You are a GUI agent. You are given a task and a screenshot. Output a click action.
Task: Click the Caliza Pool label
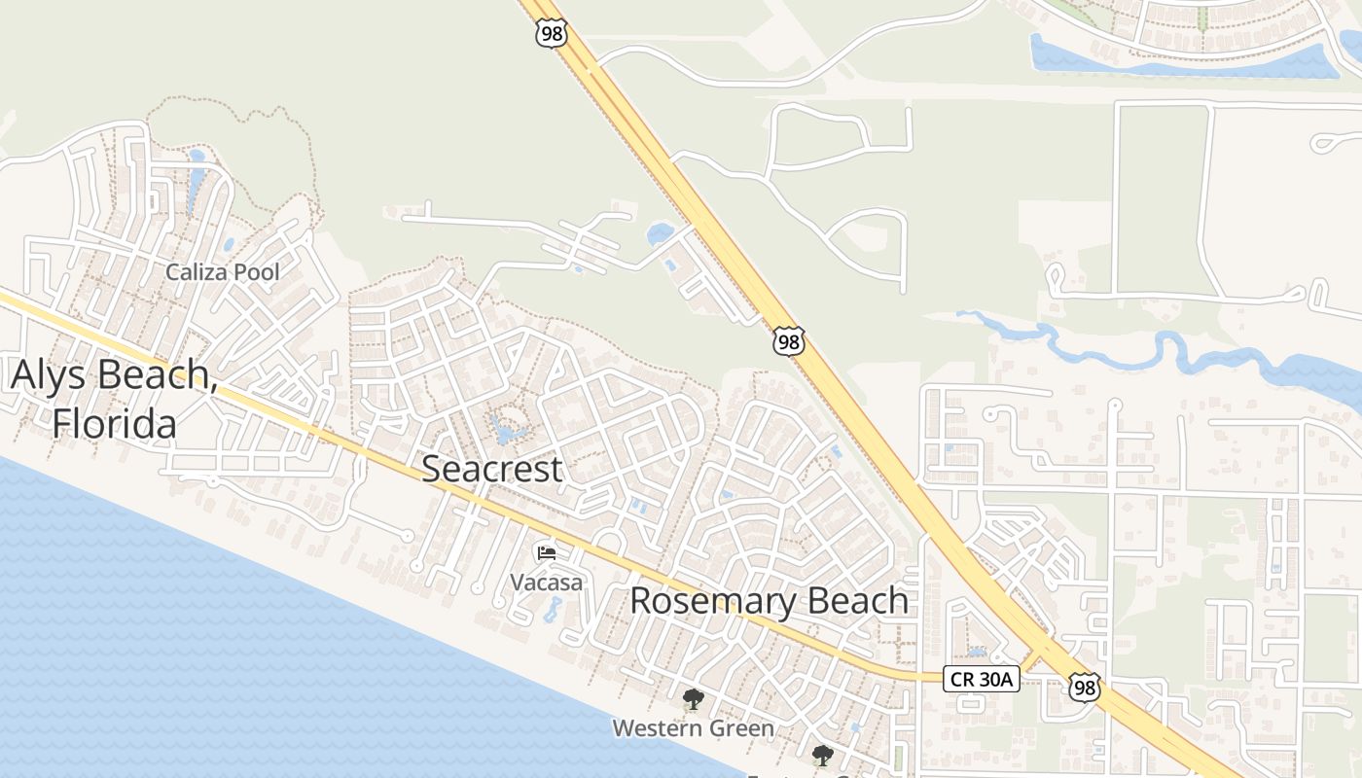pyautogui.click(x=222, y=272)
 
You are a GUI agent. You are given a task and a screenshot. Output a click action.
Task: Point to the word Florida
pyautogui.click(x=115, y=424)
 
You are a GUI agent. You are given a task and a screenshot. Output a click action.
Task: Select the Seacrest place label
pyautogui.click(x=491, y=469)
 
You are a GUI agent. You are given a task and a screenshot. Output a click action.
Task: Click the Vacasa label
pyautogui.click(x=547, y=583)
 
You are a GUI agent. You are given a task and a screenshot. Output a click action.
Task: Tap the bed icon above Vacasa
pyautogui.click(x=547, y=553)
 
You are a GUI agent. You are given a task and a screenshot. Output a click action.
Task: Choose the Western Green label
pyautogui.click(x=693, y=727)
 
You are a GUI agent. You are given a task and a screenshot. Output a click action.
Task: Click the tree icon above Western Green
pyautogui.click(x=693, y=698)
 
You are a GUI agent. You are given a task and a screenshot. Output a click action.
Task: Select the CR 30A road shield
pyautogui.click(x=981, y=679)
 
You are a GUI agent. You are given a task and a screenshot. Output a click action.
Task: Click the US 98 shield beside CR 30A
pyautogui.click(x=1085, y=687)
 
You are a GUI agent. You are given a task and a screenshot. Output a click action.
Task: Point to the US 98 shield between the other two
pyautogui.click(x=789, y=341)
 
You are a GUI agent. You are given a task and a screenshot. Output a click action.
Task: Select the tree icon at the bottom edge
pyautogui.click(x=823, y=755)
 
